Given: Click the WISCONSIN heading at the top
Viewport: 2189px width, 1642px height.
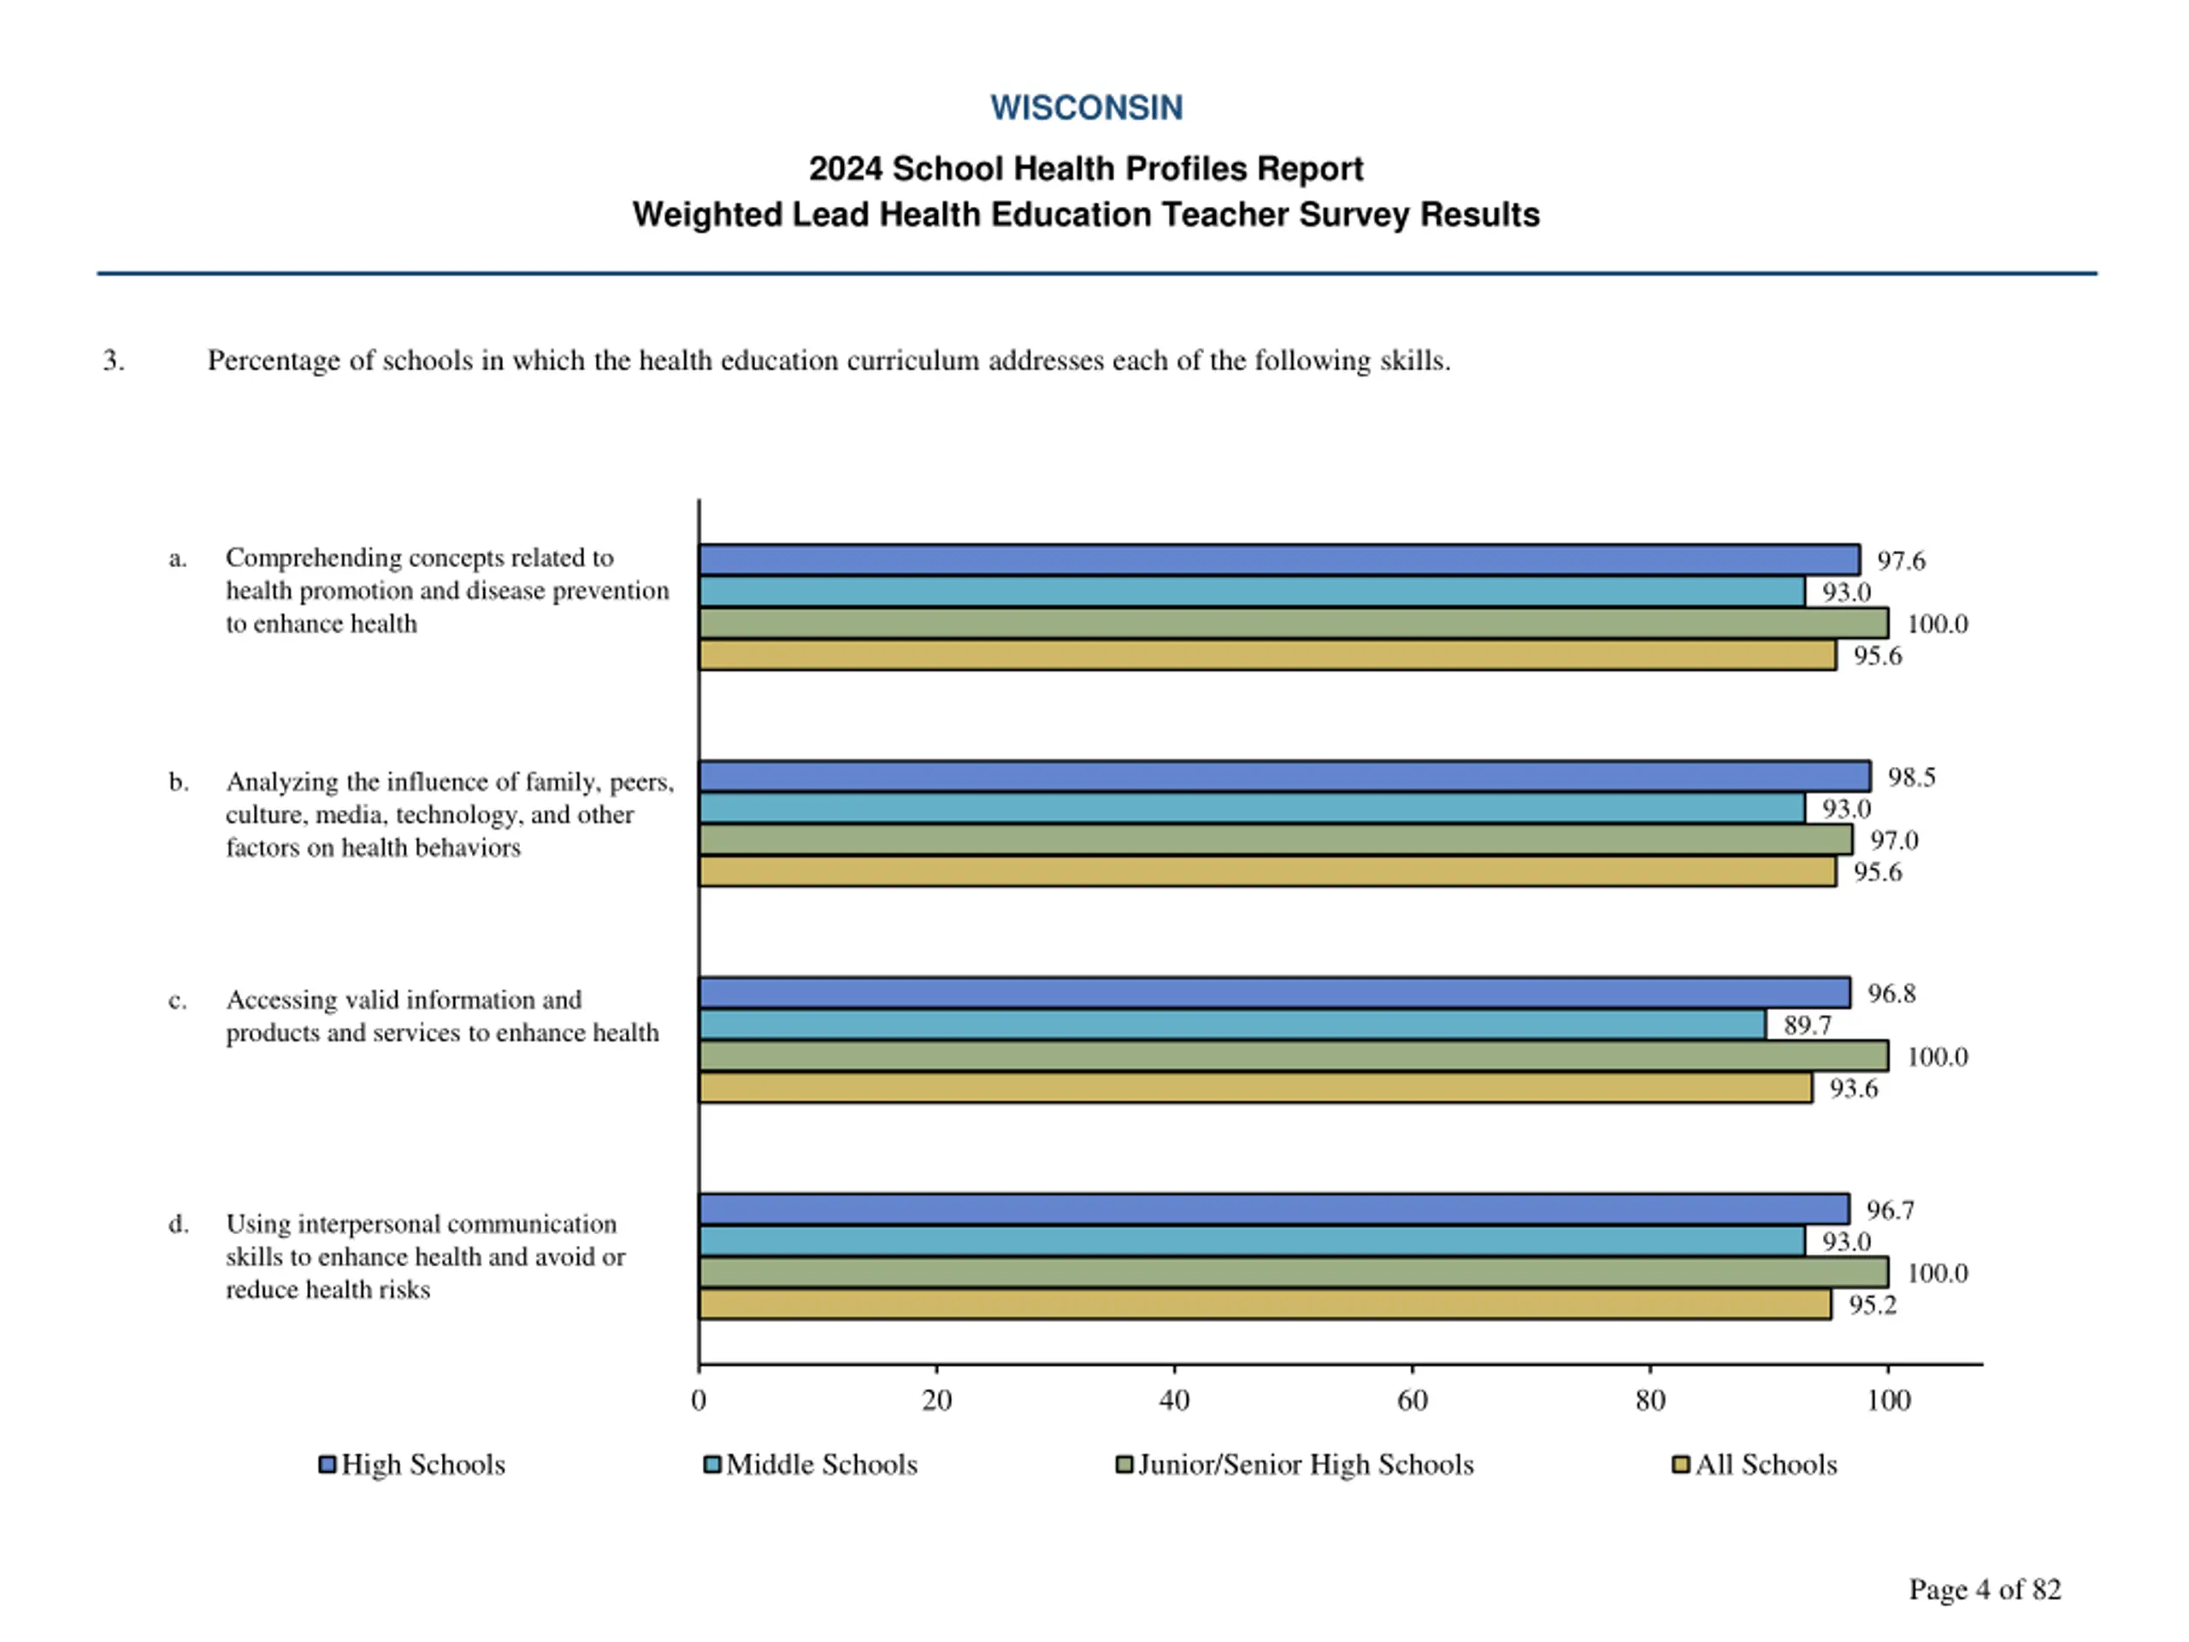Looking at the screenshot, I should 1086,107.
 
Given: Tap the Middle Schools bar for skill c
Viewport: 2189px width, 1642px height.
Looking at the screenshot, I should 1232,1025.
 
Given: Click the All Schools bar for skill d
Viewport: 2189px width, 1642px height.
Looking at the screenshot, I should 1264,1304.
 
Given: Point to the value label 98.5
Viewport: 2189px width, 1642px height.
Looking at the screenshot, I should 1911,777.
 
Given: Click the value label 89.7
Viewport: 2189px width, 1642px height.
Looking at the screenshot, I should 1807,1025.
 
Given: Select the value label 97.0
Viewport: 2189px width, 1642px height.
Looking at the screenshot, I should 1894,841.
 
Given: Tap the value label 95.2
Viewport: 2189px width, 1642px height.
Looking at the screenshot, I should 1873,1306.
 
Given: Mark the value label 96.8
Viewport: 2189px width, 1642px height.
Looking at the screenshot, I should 1891,994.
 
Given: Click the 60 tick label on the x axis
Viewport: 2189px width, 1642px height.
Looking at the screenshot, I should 1413,1401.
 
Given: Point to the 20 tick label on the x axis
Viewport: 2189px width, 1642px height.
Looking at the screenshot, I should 936,1401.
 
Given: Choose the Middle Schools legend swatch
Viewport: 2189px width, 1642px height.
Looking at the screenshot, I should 711,1464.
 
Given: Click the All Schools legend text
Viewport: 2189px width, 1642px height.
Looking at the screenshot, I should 1766,1465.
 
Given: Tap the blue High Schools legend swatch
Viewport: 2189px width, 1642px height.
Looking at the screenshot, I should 327,1464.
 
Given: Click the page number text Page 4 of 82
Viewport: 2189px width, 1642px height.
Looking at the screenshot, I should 1984,1590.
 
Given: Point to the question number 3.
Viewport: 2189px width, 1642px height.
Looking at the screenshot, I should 114,360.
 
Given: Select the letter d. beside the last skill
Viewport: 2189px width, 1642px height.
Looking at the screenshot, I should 178,1225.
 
